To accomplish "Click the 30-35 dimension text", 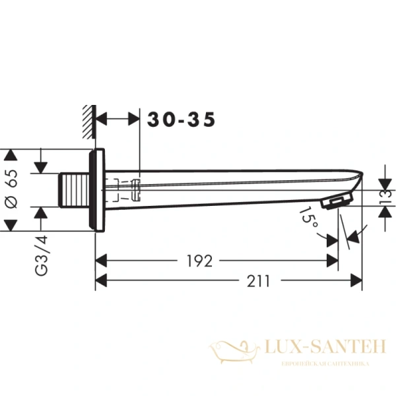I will click(181, 119).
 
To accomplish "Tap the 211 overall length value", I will click(259, 282).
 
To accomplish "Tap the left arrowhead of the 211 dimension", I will click(101, 282).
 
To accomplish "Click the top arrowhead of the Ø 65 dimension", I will click(10, 156).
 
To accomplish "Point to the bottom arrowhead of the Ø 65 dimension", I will click(10, 226).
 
